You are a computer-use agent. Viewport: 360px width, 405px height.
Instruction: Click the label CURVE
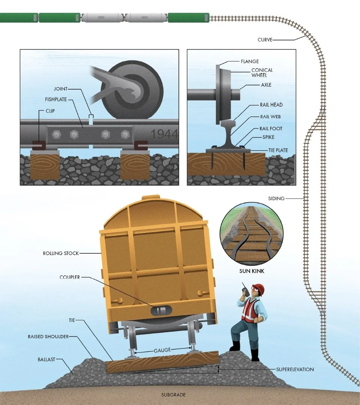pyautogui.click(x=265, y=40)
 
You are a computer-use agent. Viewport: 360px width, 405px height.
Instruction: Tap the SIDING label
pyautogui.click(x=276, y=198)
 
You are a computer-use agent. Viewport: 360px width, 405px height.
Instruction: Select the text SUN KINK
pyautogui.click(x=252, y=271)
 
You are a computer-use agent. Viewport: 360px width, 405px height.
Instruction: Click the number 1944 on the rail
pyautogui.click(x=164, y=134)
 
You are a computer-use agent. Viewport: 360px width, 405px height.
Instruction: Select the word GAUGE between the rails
pyautogui.click(x=162, y=350)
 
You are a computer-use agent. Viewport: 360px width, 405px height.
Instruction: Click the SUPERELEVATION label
pyautogui.click(x=295, y=369)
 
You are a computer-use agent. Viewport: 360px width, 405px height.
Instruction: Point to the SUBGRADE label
pyautogui.click(x=173, y=395)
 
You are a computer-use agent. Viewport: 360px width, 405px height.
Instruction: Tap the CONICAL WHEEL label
pyautogui.click(x=262, y=72)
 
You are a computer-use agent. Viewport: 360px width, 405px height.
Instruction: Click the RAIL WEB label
pyautogui.click(x=270, y=117)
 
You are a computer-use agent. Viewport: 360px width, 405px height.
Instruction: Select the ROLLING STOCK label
pyautogui.click(x=61, y=253)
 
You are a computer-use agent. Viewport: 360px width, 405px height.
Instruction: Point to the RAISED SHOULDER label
pyautogui.click(x=48, y=336)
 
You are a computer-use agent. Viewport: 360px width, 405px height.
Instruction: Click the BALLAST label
pyautogui.click(x=46, y=359)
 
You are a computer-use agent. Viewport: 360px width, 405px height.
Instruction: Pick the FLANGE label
pyautogui.click(x=250, y=61)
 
